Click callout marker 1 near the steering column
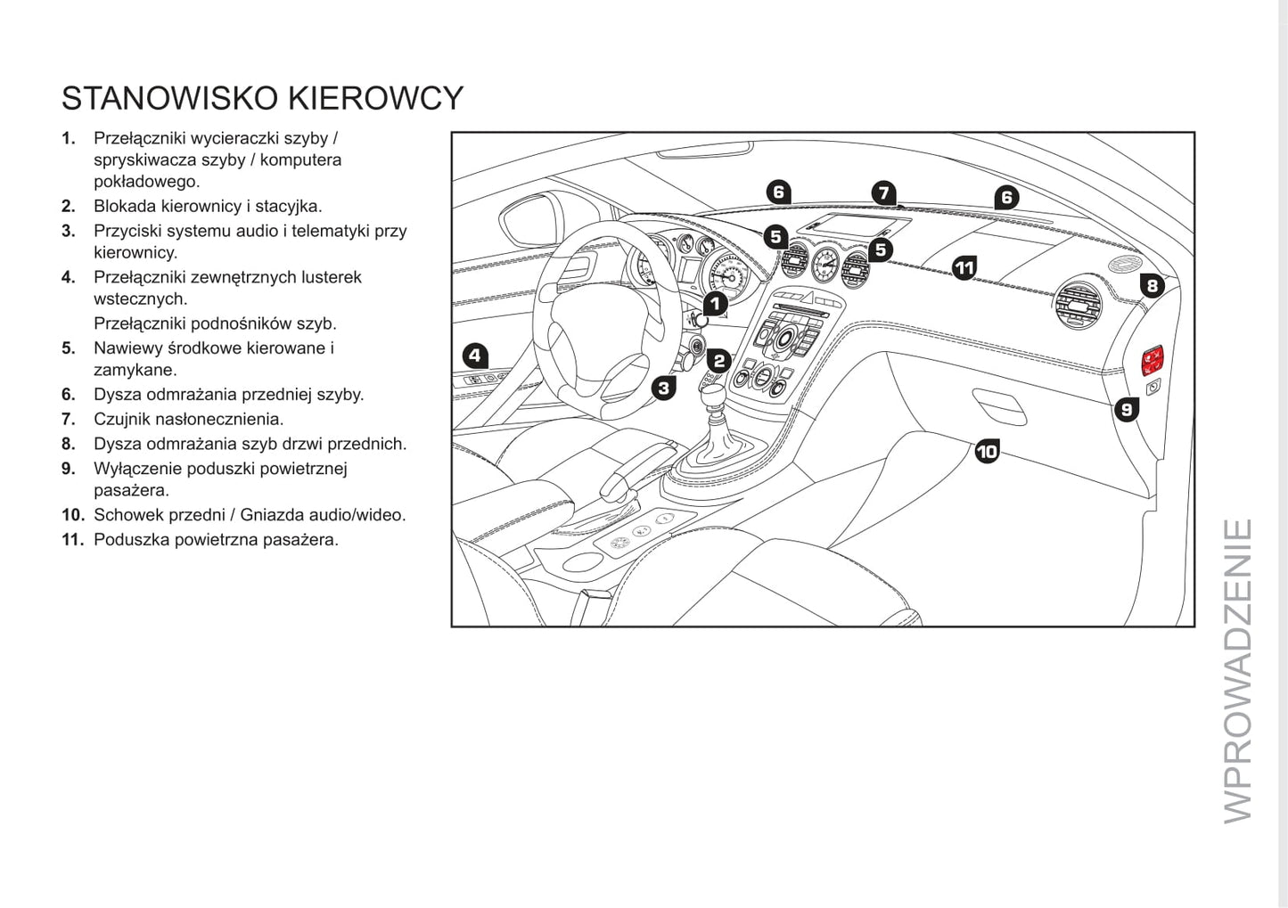point(715,304)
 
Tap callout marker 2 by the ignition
point(719,361)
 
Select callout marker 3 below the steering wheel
point(663,388)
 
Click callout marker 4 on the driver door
point(475,356)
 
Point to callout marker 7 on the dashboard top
point(882,192)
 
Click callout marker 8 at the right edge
point(1153,285)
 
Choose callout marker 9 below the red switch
point(1127,409)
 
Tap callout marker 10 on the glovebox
point(987,452)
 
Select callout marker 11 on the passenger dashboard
point(964,267)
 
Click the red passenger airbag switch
point(1153,359)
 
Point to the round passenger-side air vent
point(1079,306)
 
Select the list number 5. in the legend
point(69,348)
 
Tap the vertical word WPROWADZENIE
point(1238,671)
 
